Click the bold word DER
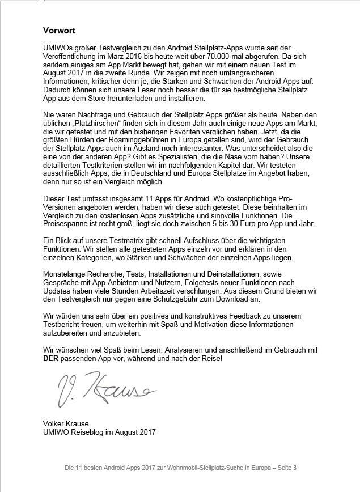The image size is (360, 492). [52, 359]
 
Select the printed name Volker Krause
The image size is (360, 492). [65, 423]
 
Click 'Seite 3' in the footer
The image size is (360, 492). [286, 468]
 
